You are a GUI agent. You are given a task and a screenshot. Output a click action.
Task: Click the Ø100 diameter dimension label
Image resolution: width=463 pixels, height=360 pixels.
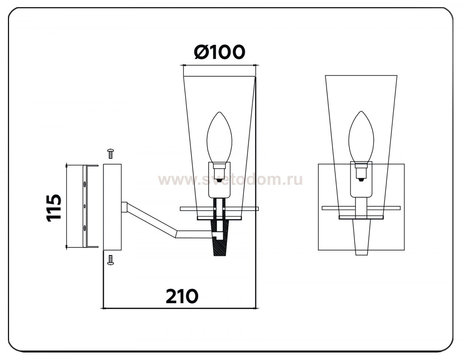coord(219,52)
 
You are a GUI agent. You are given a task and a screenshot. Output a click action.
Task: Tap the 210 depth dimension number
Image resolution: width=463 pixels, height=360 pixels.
coord(182,296)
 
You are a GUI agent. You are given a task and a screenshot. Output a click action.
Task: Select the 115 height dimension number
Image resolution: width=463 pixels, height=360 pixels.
coord(53,208)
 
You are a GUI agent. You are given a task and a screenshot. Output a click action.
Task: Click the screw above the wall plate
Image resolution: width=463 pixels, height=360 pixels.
coord(111,154)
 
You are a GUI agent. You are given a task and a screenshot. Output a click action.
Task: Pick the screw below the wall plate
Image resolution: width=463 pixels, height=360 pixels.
coord(111,260)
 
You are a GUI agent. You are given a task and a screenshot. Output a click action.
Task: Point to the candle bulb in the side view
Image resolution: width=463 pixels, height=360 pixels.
coord(219,137)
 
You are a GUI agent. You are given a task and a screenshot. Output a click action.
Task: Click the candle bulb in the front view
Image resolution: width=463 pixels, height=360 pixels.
coord(361,136)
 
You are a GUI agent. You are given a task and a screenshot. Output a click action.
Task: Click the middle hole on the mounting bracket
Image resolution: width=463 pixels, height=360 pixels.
coord(85,206)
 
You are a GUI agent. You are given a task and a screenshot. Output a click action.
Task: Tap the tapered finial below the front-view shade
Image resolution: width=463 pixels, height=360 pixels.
coord(361,237)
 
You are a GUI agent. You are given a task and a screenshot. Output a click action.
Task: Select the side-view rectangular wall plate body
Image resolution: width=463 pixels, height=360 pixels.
coord(112,207)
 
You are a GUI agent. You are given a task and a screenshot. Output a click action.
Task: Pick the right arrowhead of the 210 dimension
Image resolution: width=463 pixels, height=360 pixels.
coord(257,308)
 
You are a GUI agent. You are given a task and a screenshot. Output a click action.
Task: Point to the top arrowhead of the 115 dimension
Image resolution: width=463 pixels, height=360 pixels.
coord(67,165)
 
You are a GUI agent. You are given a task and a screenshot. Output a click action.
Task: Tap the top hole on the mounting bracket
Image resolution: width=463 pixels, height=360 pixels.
coord(85,184)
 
